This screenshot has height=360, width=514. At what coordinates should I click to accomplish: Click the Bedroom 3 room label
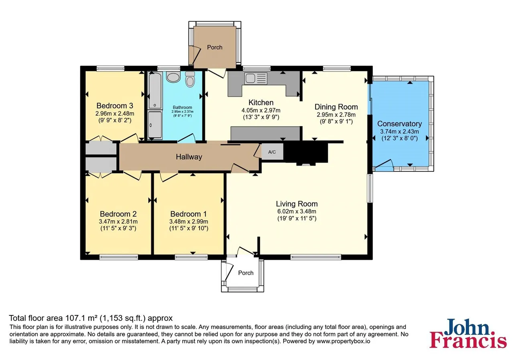(115, 106)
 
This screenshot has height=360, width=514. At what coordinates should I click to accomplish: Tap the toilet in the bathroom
(190, 79)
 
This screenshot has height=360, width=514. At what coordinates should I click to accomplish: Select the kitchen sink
(256, 78)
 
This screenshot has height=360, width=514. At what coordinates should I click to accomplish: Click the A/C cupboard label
(272, 152)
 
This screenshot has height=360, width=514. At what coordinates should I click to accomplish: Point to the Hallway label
(189, 157)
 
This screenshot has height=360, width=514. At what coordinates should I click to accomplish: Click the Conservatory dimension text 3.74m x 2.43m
(400, 131)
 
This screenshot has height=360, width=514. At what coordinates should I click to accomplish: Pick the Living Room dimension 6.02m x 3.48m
(297, 211)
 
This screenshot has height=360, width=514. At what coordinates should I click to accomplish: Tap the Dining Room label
(336, 107)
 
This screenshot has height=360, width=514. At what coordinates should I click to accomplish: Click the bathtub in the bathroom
(155, 90)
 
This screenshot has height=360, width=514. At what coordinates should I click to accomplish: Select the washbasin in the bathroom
(173, 77)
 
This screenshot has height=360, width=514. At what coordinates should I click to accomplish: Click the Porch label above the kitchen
(214, 47)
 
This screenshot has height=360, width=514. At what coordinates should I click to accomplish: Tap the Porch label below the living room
(246, 273)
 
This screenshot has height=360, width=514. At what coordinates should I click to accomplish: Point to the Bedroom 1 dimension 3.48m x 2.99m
(189, 221)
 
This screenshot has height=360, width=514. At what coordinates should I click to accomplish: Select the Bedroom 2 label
(118, 214)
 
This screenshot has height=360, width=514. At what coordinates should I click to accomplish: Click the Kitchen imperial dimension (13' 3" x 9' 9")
(261, 117)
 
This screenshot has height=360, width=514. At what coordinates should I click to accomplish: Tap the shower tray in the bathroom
(155, 125)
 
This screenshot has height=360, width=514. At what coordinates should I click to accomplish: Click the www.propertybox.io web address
(343, 341)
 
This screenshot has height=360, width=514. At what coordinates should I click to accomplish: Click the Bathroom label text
(182, 107)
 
